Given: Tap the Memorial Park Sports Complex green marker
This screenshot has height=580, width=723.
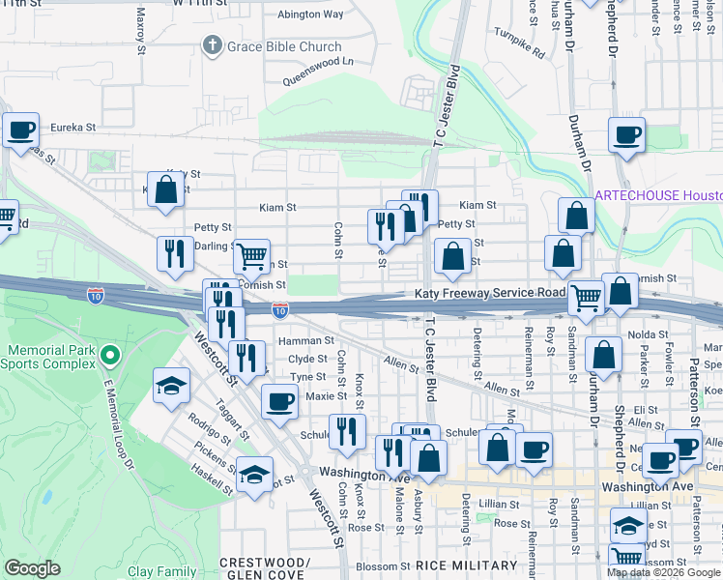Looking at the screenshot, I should click(x=109, y=357).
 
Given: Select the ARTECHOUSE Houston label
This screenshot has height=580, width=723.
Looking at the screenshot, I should click(x=657, y=194).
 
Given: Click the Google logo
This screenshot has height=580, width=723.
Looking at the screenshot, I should click(x=33, y=568).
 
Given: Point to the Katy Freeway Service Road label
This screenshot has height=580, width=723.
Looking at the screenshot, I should click(x=489, y=293).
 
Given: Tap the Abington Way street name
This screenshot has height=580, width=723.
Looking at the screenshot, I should click(x=310, y=14).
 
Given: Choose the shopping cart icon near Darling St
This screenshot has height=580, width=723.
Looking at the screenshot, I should click(x=251, y=256).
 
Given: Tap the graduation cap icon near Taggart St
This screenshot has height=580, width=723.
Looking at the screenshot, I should click(x=171, y=386).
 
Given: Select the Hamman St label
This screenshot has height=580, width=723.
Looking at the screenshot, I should click(x=305, y=340).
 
